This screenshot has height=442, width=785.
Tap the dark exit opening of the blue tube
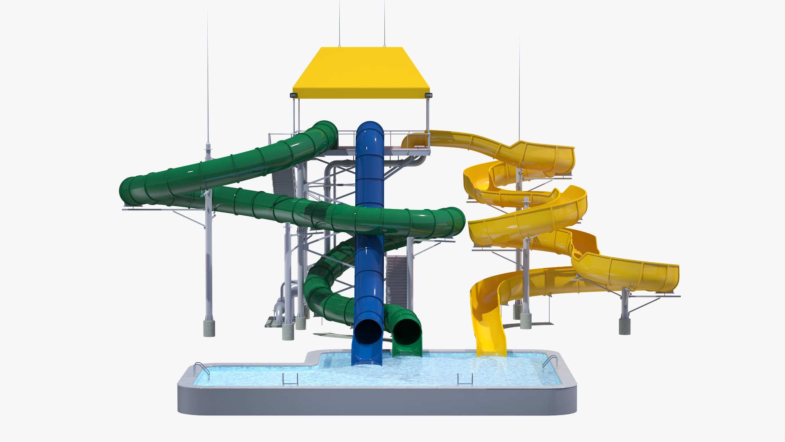pos(368,331)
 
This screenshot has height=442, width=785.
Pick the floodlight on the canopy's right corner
pos(428,95)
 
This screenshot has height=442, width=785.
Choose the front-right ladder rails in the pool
pos(465,379)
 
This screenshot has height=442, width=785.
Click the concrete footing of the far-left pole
pos(209,329)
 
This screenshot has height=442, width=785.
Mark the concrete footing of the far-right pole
pos(624,327)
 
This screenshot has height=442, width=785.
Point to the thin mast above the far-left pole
pos(208,82)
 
